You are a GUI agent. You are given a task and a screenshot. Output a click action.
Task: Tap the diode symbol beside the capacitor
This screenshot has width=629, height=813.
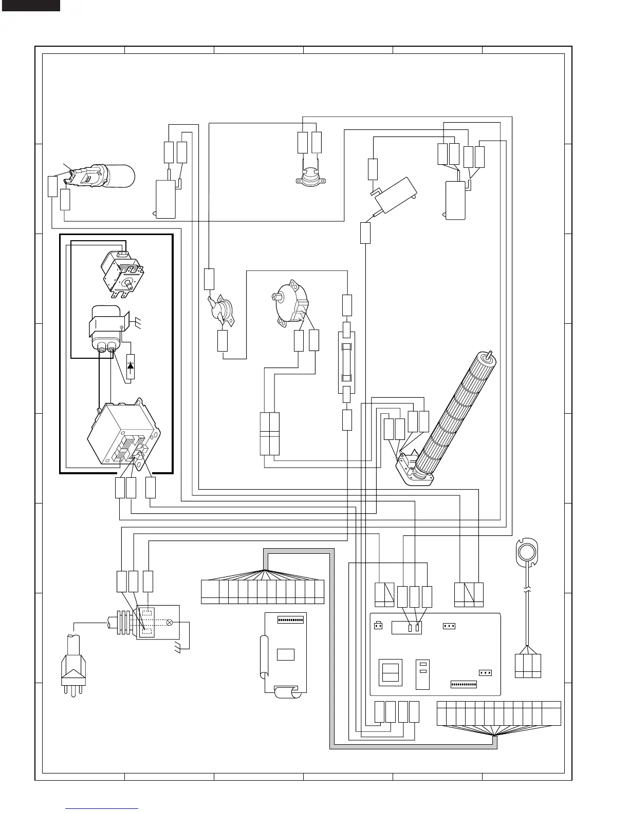130,366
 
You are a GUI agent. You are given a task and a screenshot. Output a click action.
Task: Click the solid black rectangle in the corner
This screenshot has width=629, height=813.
30,6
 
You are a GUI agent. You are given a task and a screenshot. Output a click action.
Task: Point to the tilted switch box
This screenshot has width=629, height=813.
394,195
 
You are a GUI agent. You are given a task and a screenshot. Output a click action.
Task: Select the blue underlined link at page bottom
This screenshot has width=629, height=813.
102,808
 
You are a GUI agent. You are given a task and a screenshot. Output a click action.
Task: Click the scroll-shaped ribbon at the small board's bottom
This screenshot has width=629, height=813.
285,692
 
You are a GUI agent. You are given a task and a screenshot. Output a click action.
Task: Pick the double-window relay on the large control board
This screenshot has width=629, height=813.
391,672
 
